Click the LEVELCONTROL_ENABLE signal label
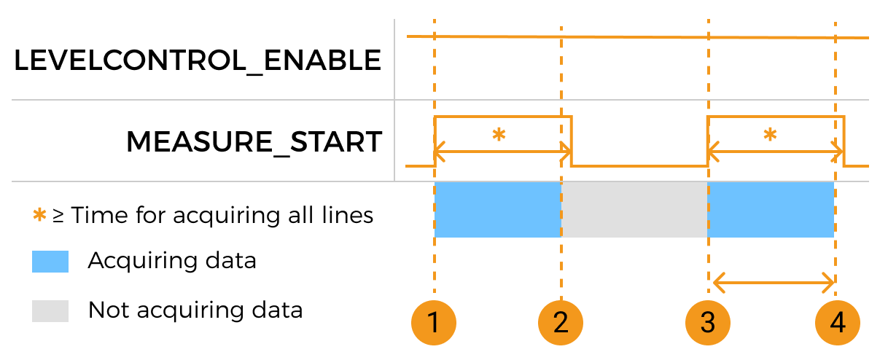coord(198,60)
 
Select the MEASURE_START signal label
coord(254,141)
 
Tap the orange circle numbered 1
coord(434,322)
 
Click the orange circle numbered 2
coord(561,322)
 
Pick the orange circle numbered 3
coord(708,322)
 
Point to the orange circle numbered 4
coord(837,322)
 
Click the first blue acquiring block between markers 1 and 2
coord(497,210)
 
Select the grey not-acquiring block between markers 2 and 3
coord(634,210)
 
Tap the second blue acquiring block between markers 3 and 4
coord(771,210)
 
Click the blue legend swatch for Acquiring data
coord(50,262)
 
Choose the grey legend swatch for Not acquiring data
coord(50,311)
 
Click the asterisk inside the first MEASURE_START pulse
coord(499,135)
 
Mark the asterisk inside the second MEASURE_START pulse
coord(770,135)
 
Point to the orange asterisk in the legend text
coord(40,216)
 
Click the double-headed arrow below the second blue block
coord(774,281)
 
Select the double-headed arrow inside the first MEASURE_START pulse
coord(503,153)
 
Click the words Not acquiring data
coord(195,310)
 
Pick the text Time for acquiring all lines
coord(222,215)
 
